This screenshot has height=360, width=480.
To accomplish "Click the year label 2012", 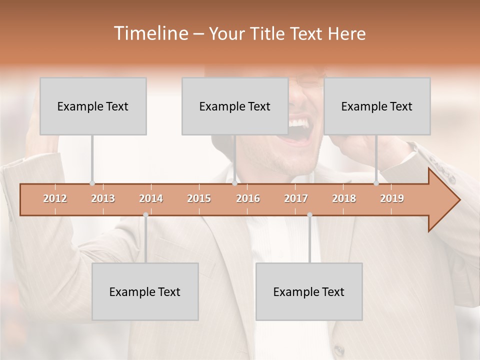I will pyautogui.click(x=55, y=198).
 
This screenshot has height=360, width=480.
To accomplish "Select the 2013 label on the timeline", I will pyautogui.click(x=103, y=198).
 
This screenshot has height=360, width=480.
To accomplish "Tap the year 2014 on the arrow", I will pyautogui.click(x=151, y=198).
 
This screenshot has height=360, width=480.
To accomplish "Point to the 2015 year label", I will pyautogui.click(x=199, y=198).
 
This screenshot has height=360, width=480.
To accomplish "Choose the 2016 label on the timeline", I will pyautogui.click(x=248, y=198).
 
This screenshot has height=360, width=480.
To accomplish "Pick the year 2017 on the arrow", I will pyautogui.click(x=296, y=198).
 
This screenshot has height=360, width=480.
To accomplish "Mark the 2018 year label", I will pyautogui.click(x=344, y=198).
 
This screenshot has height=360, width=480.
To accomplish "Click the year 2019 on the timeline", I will pyautogui.click(x=392, y=198).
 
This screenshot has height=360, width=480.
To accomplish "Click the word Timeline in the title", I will pyautogui.click(x=150, y=33).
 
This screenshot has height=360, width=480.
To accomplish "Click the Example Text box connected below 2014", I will pyautogui.click(x=145, y=291).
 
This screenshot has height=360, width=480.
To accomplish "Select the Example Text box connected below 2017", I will pyautogui.click(x=309, y=291).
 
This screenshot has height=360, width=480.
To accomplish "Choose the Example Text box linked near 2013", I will pyautogui.click(x=93, y=106).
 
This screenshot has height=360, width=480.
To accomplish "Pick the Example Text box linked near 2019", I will pyautogui.click(x=377, y=106).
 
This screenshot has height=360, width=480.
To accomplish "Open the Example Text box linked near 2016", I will pyautogui.click(x=235, y=106).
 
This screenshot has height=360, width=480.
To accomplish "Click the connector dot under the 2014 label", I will pyautogui.click(x=145, y=214).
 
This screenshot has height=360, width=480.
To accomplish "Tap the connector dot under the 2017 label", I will pyautogui.click(x=309, y=214).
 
